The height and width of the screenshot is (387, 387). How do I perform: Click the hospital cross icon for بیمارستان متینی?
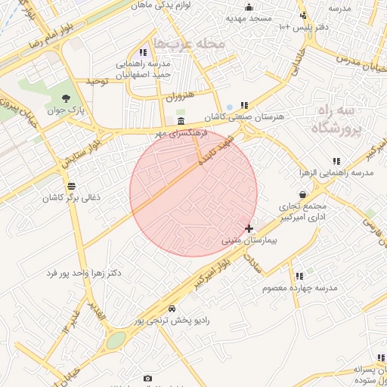coord(249,228)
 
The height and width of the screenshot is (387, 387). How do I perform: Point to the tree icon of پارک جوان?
coord(67,98)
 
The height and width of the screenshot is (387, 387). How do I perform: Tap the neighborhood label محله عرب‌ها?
coord(189,43)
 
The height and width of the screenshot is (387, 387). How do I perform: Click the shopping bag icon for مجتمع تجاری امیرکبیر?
coord(302,195)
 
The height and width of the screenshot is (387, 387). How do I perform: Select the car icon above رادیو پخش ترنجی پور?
coord(172,308)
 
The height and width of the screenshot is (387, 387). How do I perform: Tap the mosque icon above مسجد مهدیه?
coord(249,8)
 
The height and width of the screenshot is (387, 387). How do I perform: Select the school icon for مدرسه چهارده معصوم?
coord(299,277)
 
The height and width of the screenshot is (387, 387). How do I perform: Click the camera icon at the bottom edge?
coord(147,378)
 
